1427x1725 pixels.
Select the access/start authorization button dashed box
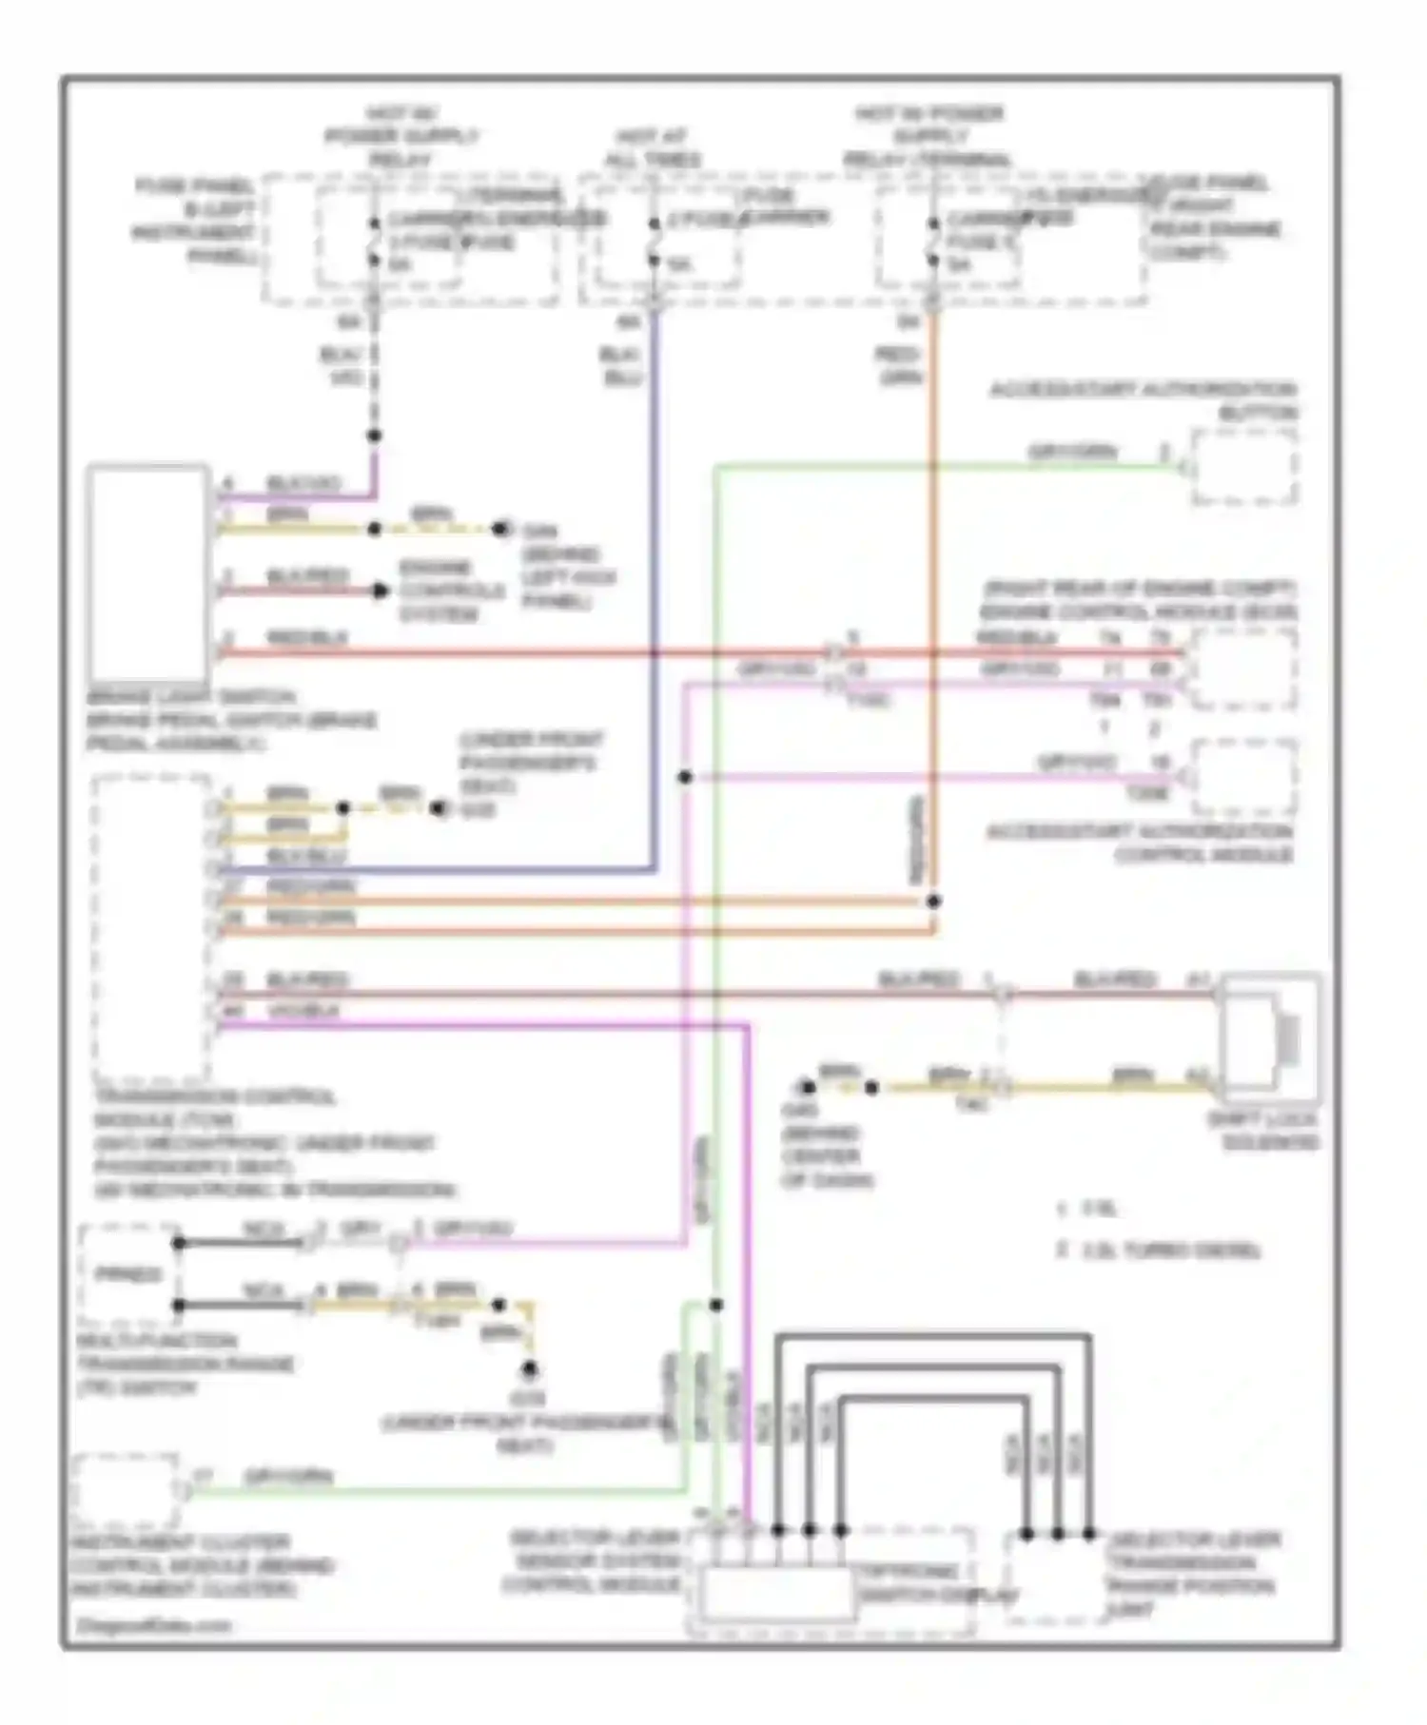click(x=1243, y=466)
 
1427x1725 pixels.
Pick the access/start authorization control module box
click(x=1243, y=778)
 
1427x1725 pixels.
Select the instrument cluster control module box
click(x=124, y=1491)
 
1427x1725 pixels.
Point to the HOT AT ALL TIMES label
click(x=653, y=147)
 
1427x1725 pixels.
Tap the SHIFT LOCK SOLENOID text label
click(x=1263, y=1130)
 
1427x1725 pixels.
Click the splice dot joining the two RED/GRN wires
click(x=933, y=901)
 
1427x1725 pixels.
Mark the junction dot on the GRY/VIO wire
click(x=685, y=777)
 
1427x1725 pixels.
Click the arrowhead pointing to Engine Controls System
click(x=381, y=591)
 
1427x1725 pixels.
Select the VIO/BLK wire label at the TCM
click(x=303, y=1010)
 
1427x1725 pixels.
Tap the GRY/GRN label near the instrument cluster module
click(x=288, y=1477)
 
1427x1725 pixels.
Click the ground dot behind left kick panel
click(x=501, y=529)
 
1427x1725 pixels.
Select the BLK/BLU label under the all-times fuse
click(x=621, y=366)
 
